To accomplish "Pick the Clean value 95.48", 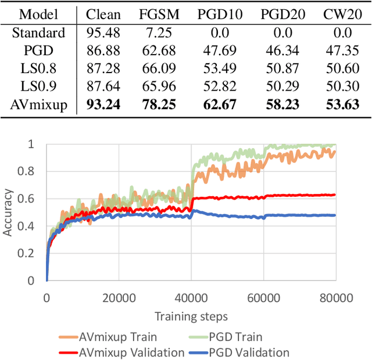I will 102,33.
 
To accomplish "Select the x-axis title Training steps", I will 191,316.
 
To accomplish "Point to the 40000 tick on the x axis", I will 191,298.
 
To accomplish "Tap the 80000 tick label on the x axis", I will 336,298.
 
